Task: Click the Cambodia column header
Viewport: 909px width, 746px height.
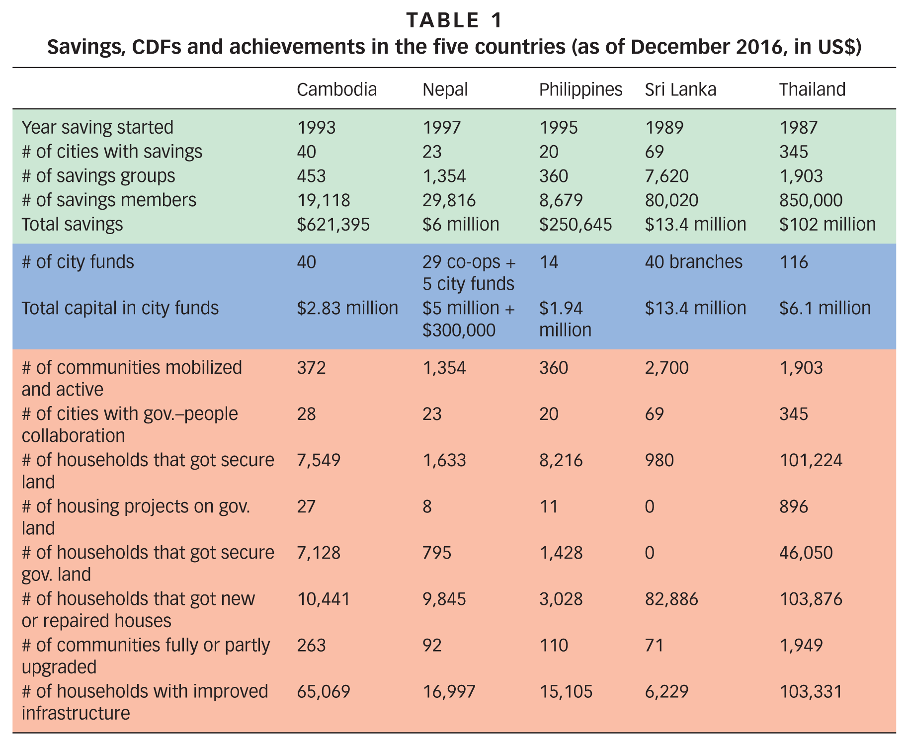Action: click(336, 89)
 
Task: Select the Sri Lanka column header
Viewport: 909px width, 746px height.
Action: click(680, 89)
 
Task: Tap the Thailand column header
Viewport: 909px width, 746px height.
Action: click(812, 89)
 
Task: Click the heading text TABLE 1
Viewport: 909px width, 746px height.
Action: click(454, 20)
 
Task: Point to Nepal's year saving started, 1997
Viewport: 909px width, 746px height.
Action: click(442, 128)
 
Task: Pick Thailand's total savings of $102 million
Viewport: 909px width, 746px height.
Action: click(827, 224)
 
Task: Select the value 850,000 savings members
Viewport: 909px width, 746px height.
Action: click(811, 200)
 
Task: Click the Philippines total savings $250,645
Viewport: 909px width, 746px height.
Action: click(576, 224)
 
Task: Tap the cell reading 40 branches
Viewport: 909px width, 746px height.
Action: click(693, 261)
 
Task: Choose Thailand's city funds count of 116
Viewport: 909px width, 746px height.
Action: click(793, 261)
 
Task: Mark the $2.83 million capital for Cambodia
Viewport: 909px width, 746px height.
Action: click(347, 308)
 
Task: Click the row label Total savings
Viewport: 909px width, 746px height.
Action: click(72, 224)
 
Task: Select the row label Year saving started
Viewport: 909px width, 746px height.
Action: click(97, 128)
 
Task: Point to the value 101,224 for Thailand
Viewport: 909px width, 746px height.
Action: click(811, 460)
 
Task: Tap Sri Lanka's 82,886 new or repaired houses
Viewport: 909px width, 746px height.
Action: click(671, 599)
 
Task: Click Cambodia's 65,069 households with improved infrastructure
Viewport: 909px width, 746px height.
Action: click(324, 691)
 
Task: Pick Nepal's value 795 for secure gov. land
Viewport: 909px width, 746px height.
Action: click(437, 553)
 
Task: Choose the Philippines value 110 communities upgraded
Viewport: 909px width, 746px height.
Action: click(553, 645)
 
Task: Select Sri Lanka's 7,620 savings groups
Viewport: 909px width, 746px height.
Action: click(666, 176)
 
